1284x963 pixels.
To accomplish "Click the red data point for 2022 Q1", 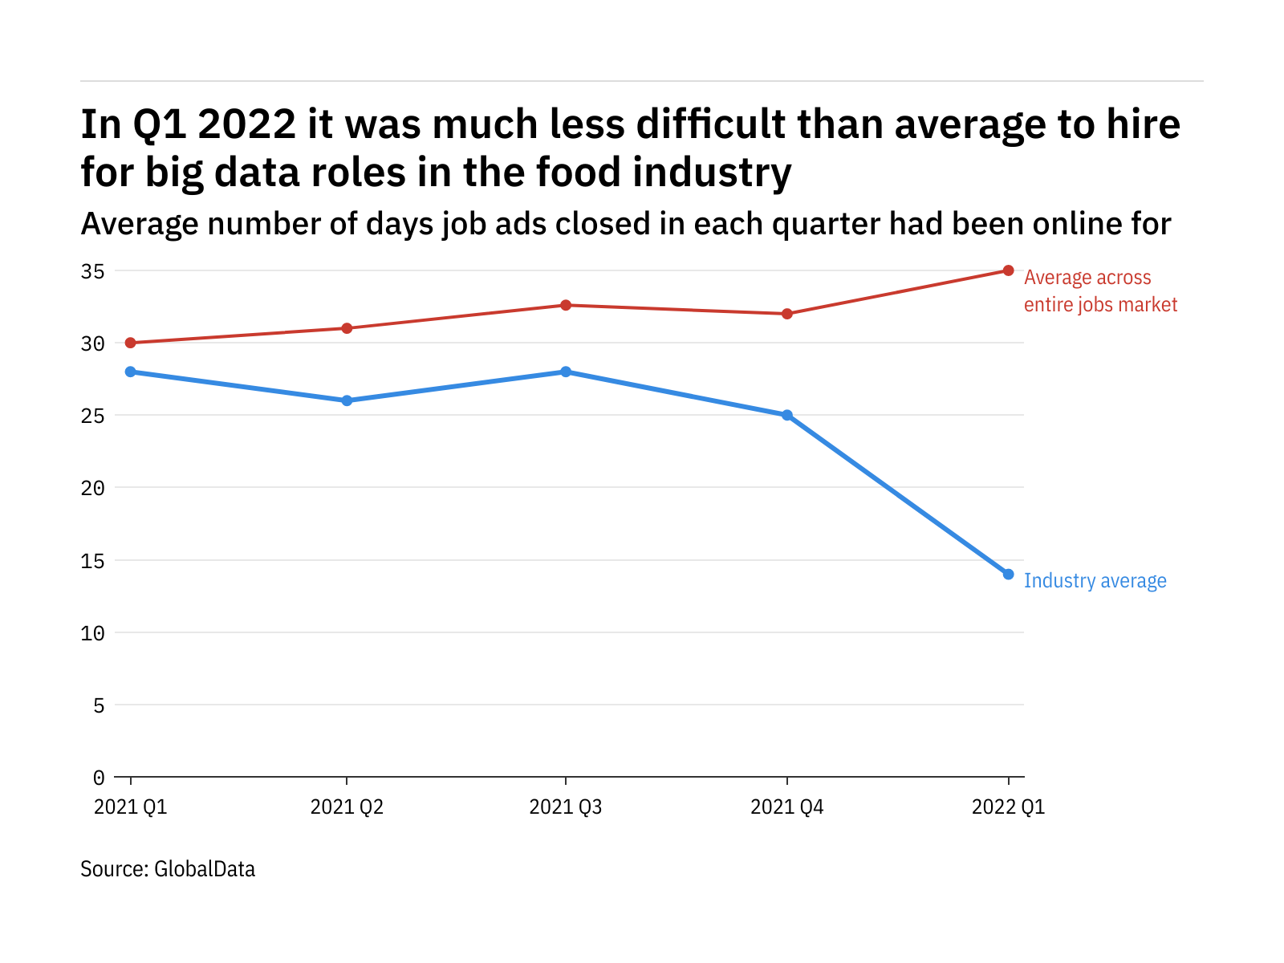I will click(x=1008, y=270).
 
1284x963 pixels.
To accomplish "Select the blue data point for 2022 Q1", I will click(x=1008, y=575).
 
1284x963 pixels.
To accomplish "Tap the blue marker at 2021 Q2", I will click(x=347, y=400).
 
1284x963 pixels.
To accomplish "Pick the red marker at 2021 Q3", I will click(x=566, y=305).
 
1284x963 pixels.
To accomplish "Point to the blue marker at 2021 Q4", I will click(x=787, y=415).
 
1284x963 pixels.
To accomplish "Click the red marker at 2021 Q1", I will click(x=131, y=343).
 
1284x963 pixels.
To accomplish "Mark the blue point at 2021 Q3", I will click(x=566, y=372).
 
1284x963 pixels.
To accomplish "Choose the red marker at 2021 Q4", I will click(x=787, y=314).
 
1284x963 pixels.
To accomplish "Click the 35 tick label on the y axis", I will click(x=93, y=271).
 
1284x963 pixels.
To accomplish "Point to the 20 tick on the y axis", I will click(x=93, y=488).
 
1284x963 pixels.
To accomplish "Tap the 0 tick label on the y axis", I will click(x=99, y=778).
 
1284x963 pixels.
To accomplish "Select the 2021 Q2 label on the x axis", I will click(x=347, y=807).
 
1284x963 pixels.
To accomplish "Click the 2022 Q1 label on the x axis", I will click(x=1008, y=807).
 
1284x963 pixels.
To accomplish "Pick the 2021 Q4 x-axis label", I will click(x=787, y=807).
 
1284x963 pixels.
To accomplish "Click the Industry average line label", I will click(x=1095, y=581).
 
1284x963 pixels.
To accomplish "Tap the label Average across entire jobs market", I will click(x=1099, y=291).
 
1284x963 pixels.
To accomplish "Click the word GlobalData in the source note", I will click(x=205, y=869).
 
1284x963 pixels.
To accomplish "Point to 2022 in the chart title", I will click(x=246, y=124).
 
